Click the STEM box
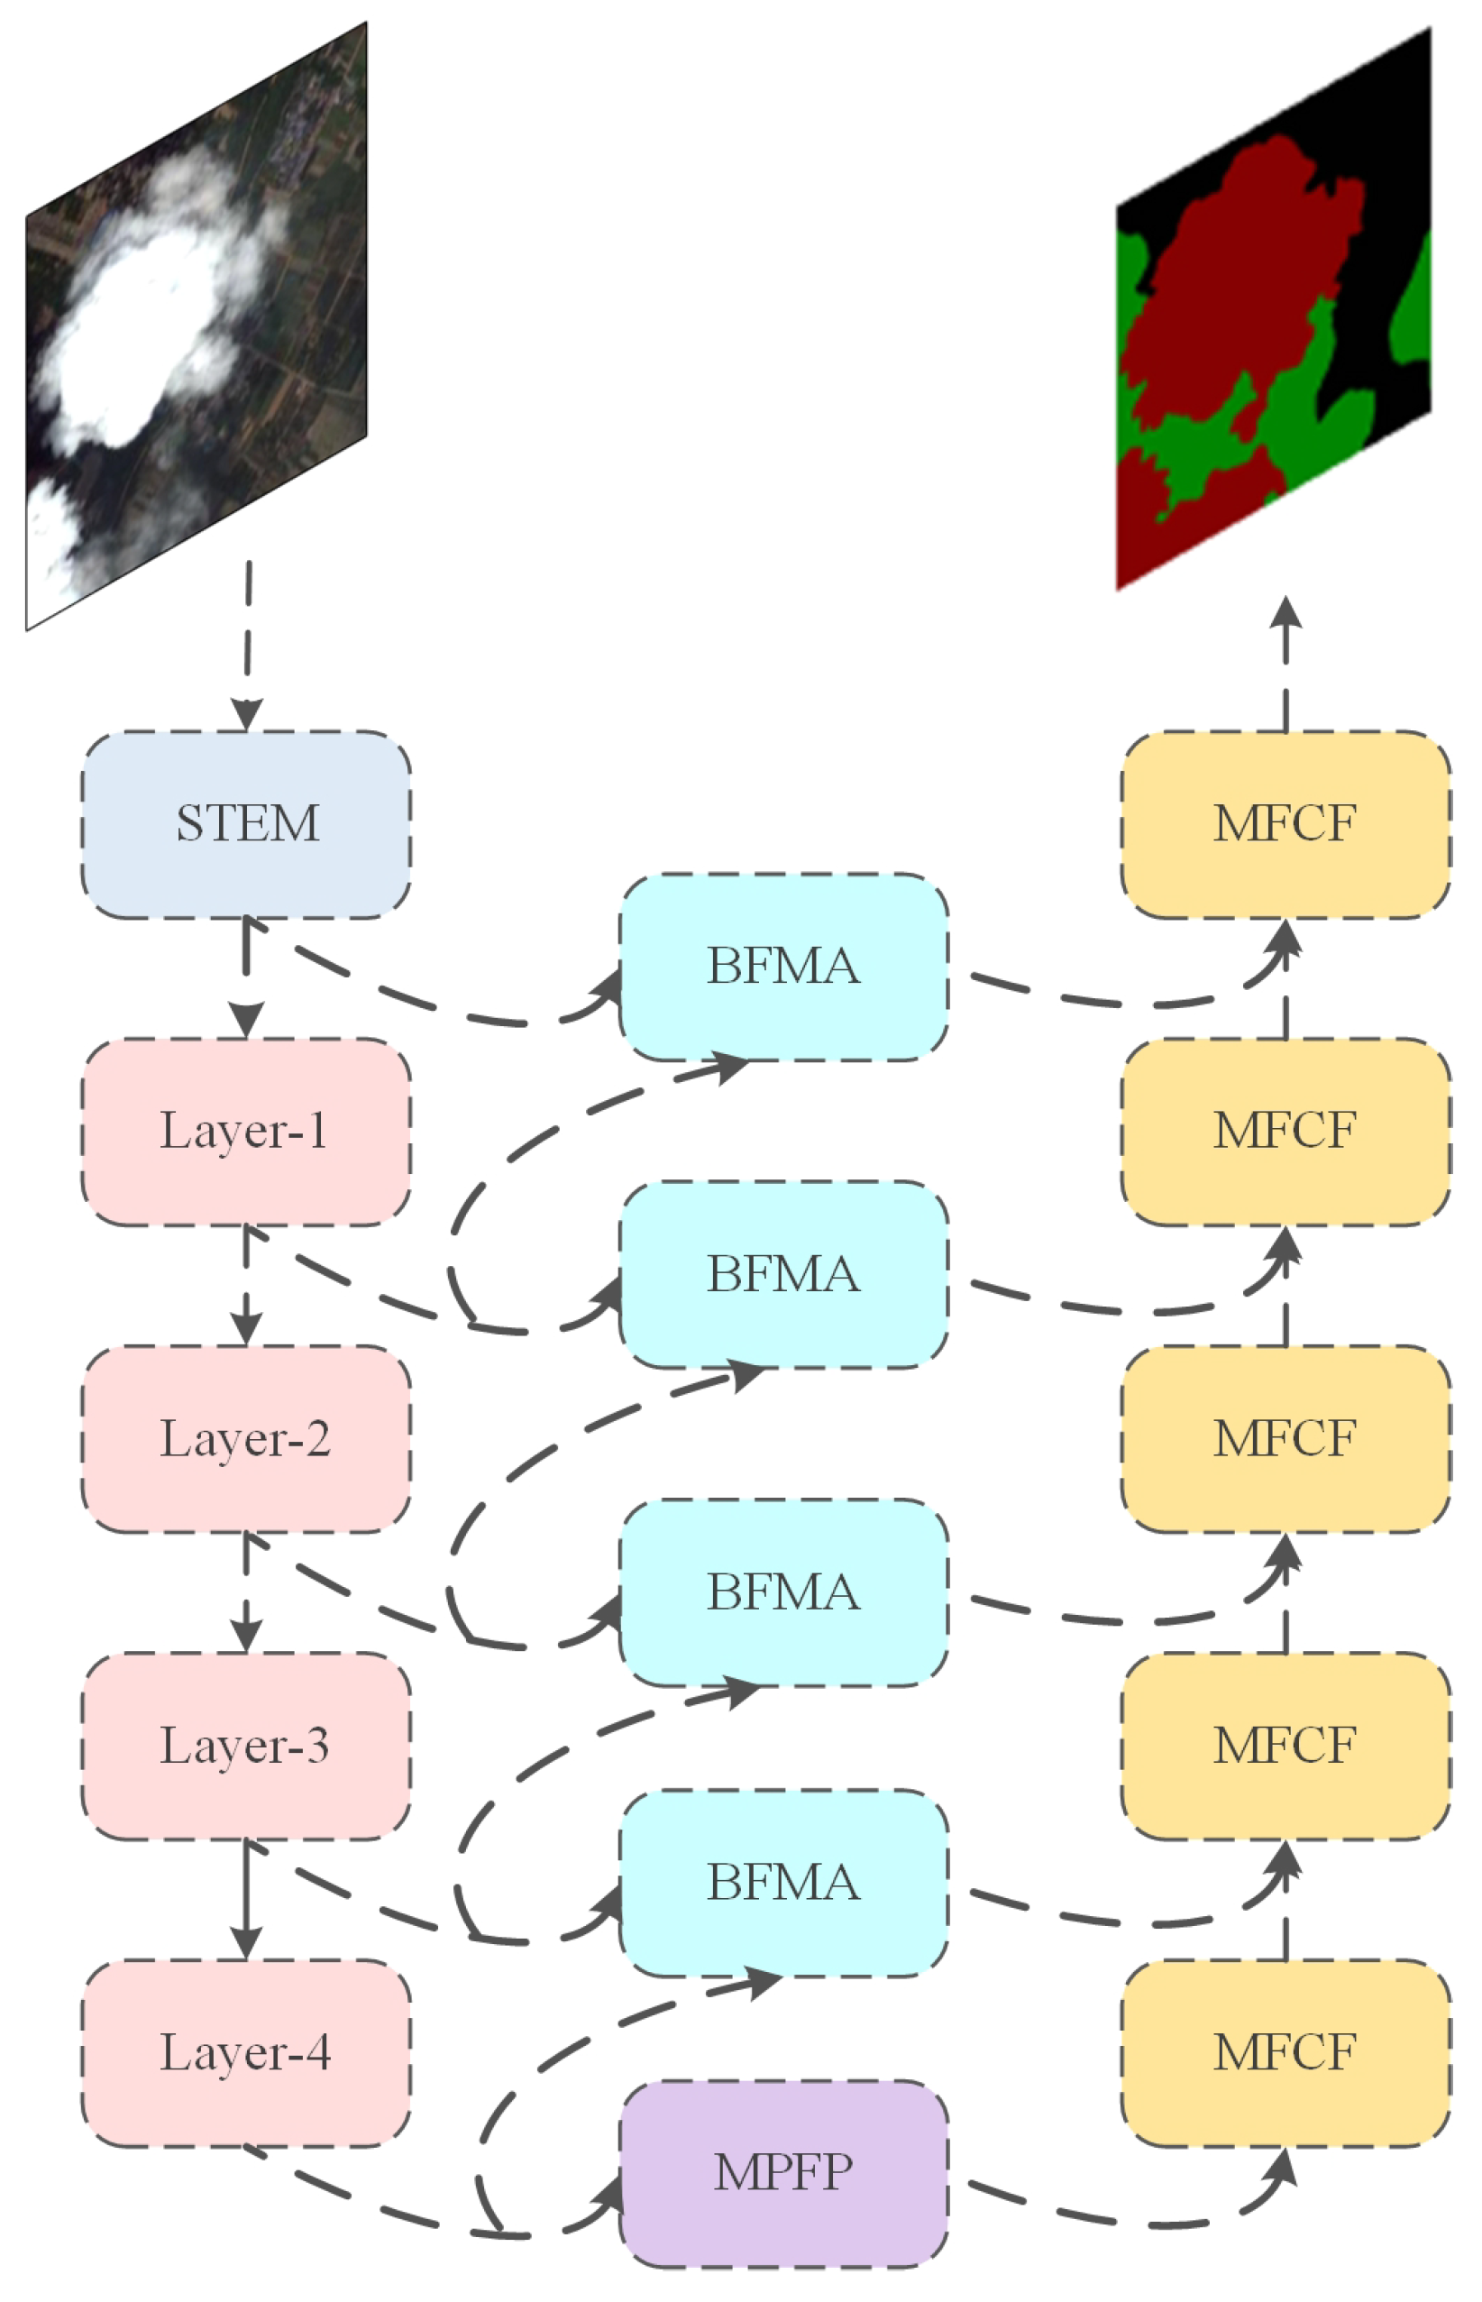tap(246, 825)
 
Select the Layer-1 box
tap(246, 1132)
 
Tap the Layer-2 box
tap(246, 1439)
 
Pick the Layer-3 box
tap(246, 1747)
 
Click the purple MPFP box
tap(783, 2174)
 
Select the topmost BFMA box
tap(783, 968)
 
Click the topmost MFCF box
tap(1285, 825)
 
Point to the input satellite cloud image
tap(197, 327)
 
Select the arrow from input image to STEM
tap(248, 645)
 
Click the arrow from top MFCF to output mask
tap(1285, 664)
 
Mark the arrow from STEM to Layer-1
tap(246, 977)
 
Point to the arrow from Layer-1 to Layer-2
tap(246, 1285)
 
